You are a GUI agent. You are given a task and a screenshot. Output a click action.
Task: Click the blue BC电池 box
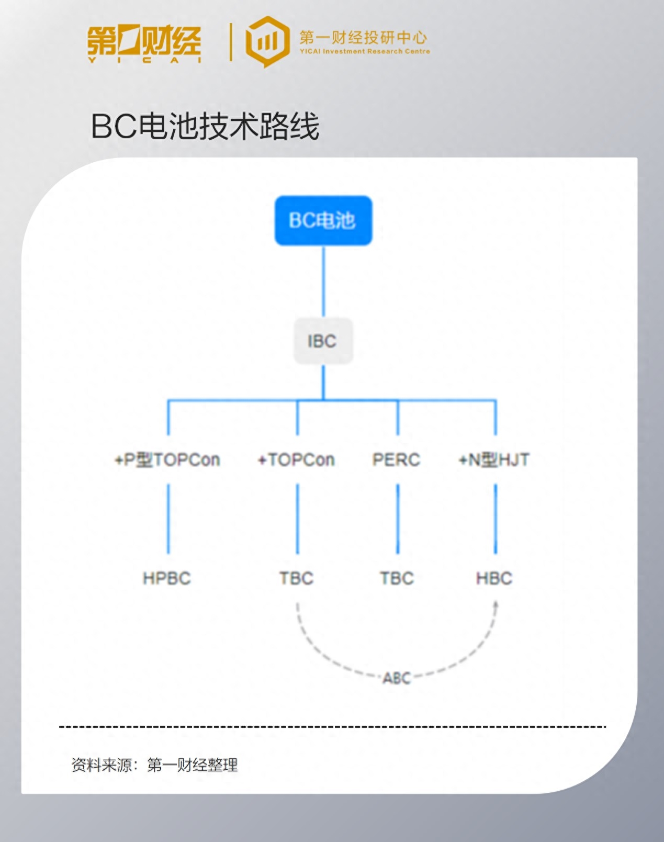[323, 220]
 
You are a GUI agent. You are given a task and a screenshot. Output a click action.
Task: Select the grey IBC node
[323, 341]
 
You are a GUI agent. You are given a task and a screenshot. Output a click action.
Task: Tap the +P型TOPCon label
[167, 460]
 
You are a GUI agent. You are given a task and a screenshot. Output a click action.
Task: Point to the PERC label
[396, 460]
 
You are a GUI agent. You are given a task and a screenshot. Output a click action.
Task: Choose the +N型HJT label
[494, 460]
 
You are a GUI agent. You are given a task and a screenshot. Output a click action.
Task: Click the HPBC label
[167, 578]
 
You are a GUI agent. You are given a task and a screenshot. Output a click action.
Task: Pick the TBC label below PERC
[397, 578]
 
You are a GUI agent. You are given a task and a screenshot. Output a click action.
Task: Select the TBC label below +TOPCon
[296, 578]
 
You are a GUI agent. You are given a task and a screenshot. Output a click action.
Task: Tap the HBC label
[494, 578]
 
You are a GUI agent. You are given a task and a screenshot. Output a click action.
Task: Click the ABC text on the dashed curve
[397, 678]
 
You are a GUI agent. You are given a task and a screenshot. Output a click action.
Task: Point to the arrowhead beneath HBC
[496, 605]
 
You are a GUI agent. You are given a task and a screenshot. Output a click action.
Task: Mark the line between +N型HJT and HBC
[496, 518]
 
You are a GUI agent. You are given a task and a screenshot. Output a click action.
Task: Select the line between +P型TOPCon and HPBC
[168, 518]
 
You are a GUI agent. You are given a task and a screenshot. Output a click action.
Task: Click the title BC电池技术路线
[205, 126]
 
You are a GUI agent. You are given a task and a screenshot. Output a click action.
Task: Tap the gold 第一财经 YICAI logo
[144, 43]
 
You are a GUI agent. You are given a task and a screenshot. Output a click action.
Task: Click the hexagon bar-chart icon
[267, 41]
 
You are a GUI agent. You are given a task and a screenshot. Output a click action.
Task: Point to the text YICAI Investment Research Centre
[365, 51]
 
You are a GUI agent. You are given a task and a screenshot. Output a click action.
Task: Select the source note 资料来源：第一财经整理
[155, 765]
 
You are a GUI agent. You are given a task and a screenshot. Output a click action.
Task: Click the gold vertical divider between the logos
[231, 42]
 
